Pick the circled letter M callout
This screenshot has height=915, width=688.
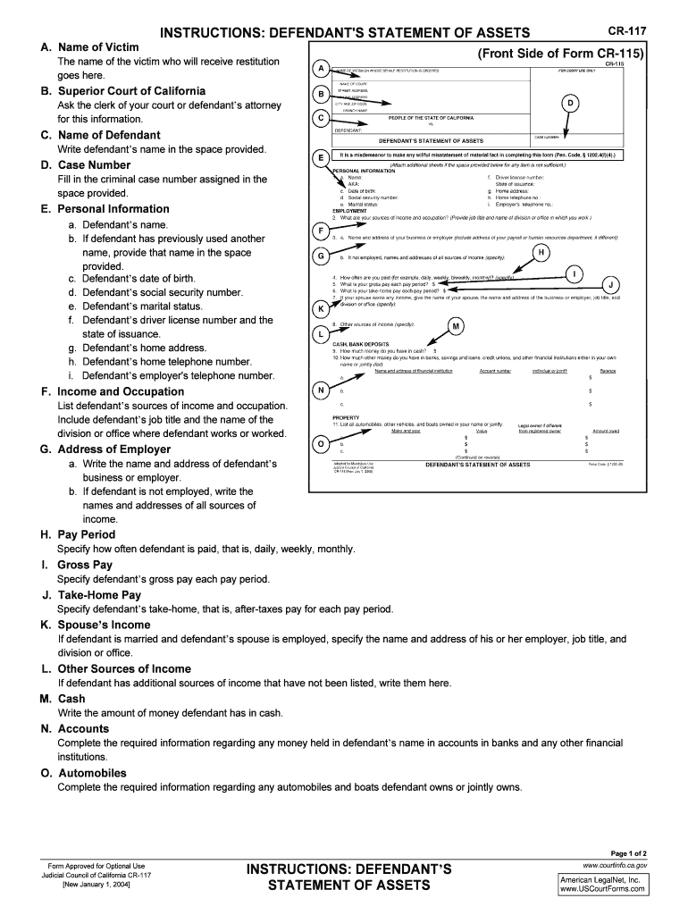point(456,326)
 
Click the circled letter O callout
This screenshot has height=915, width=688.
point(320,444)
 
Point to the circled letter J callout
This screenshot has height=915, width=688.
point(611,284)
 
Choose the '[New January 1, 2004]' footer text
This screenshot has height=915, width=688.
point(96,886)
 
